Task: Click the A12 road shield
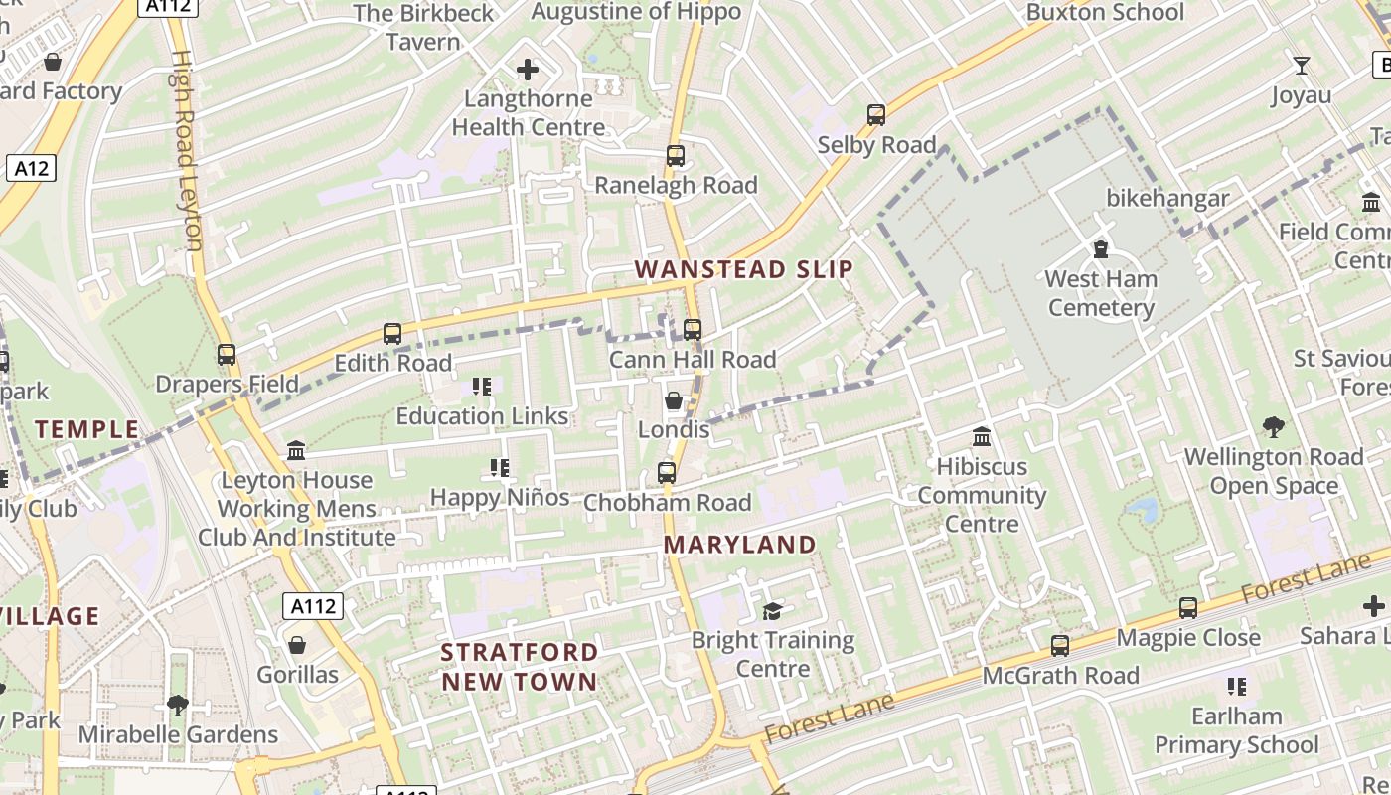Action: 31,168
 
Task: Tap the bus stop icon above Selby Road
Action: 875,115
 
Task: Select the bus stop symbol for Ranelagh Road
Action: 676,156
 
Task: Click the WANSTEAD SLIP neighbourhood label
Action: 744,269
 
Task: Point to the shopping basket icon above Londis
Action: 674,400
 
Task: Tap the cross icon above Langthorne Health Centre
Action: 528,70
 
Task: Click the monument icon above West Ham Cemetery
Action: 1101,249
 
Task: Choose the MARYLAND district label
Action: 740,545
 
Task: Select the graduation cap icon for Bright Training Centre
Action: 772,611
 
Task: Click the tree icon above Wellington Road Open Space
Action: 1274,428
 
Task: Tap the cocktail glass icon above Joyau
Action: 1301,67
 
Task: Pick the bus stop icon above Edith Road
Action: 392,334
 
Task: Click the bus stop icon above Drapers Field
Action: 227,355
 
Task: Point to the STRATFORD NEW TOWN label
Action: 520,667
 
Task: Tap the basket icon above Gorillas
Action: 297,646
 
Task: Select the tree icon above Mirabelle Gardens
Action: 178,706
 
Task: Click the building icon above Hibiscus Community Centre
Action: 982,437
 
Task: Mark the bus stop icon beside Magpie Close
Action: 1188,608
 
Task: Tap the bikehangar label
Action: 1167,198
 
